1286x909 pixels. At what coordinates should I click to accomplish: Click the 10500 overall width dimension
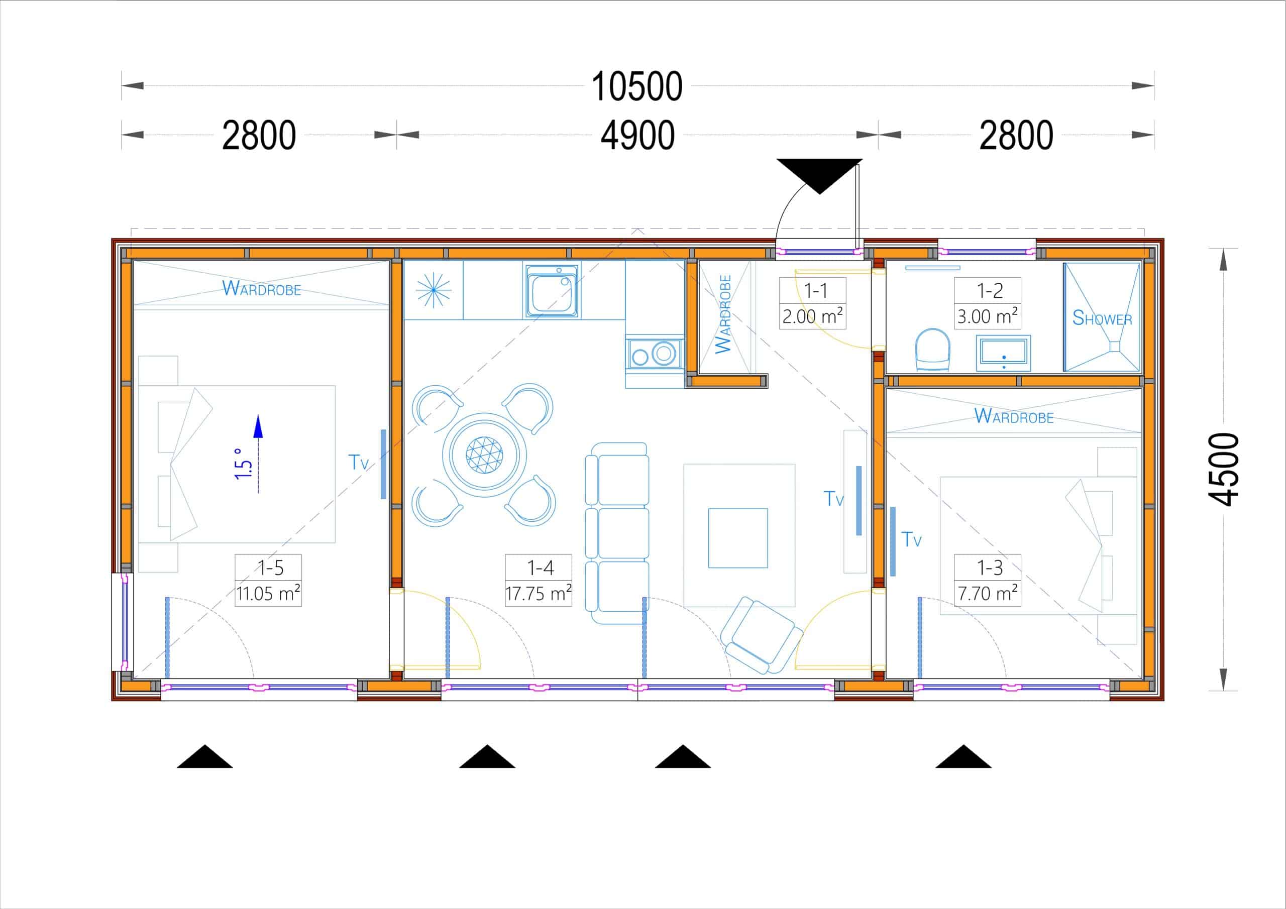tap(637, 87)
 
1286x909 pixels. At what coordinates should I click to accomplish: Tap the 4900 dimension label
tap(637, 136)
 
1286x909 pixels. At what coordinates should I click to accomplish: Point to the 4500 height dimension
tap(1222, 470)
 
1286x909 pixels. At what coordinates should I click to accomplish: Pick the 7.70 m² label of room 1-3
tap(988, 593)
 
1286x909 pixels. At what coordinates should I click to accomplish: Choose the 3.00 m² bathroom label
tap(988, 316)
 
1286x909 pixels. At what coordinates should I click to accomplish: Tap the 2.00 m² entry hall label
tap(813, 316)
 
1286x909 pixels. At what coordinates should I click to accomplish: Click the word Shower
tap(1102, 318)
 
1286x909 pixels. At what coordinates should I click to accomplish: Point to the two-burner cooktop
tap(654, 354)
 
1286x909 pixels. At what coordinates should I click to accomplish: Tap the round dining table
tap(484, 455)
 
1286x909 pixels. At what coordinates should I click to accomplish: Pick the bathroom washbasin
tap(1003, 353)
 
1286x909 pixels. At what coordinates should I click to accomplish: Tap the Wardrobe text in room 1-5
tap(262, 288)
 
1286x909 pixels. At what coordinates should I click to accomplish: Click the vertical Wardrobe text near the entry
tap(723, 314)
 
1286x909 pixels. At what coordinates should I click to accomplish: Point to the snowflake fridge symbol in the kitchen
tap(434, 290)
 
